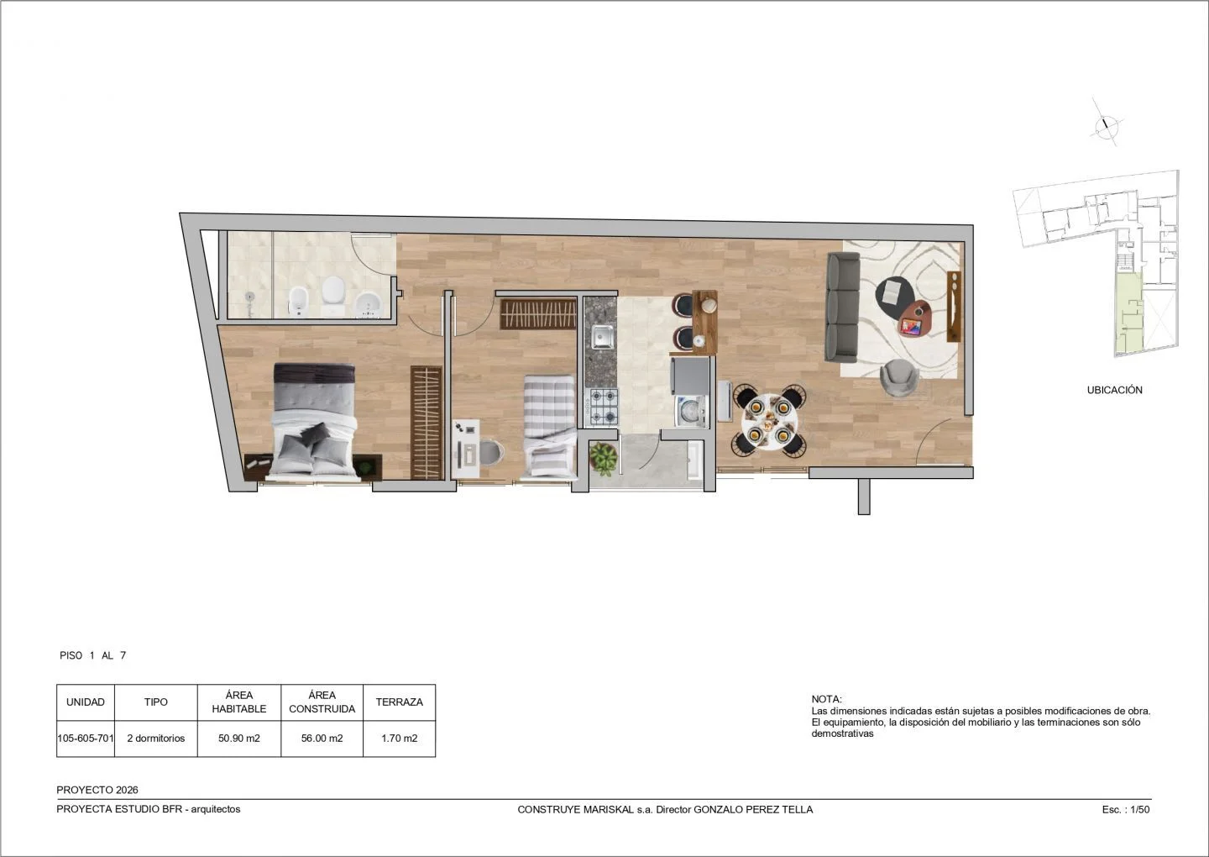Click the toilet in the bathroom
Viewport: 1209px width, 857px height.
pyautogui.click(x=332, y=294)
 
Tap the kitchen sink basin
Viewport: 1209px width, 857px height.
pyautogui.click(x=602, y=336)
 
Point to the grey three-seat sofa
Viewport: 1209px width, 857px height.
pyautogui.click(x=843, y=307)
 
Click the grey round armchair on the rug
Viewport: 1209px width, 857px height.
pyautogui.click(x=898, y=377)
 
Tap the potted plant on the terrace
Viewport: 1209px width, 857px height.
pyautogui.click(x=604, y=459)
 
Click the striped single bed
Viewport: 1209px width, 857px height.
pyautogui.click(x=549, y=426)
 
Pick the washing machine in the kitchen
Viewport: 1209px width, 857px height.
pyautogui.click(x=691, y=410)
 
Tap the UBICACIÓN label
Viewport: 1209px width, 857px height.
pyautogui.click(x=1115, y=390)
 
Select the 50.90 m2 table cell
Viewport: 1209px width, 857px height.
pyautogui.click(x=239, y=739)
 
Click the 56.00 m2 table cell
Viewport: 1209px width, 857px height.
pyautogui.click(x=322, y=739)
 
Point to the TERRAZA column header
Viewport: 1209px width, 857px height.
pyautogui.click(x=400, y=702)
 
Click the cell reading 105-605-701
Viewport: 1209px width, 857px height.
pyautogui.click(x=86, y=739)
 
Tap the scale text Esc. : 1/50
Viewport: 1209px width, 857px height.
pyautogui.click(x=1126, y=809)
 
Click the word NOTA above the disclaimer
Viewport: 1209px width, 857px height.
pyautogui.click(x=826, y=699)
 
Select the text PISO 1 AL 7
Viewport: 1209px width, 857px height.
pyautogui.click(x=93, y=655)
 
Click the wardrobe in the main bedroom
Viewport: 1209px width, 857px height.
pyautogui.click(x=427, y=423)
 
